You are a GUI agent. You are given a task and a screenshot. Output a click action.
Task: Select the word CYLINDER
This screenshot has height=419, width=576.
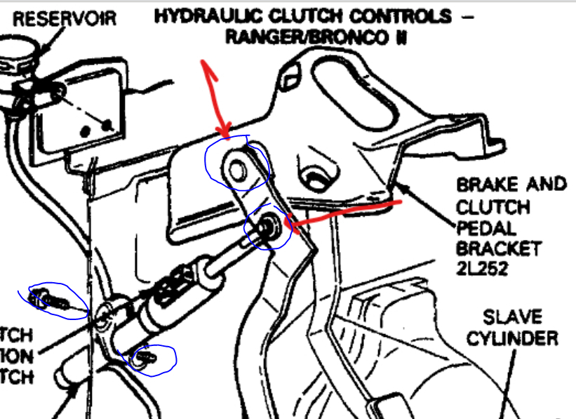512,339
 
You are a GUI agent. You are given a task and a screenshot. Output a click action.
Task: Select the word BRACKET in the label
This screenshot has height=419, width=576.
499,248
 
